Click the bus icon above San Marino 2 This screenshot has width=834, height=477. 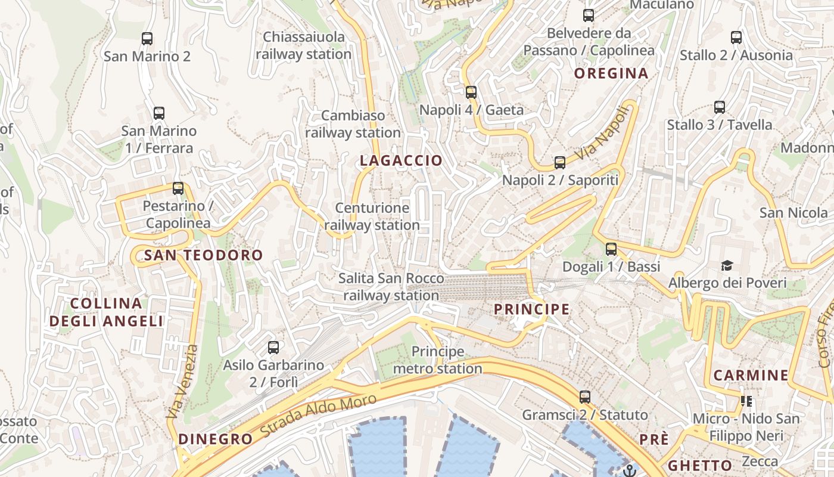[x=147, y=39]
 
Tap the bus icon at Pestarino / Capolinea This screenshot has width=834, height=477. [x=178, y=188]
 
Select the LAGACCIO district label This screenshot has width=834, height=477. [x=401, y=160]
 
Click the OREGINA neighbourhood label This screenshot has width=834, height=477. [x=611, y=73]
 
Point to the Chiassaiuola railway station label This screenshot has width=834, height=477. [x=304, y=45]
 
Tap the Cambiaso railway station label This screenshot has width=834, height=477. [x=353, y=124]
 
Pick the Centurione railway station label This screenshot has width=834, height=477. [x=372, y=216]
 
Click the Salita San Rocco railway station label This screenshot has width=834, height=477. [x=391, y=287]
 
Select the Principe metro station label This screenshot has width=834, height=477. [x=437, y=360]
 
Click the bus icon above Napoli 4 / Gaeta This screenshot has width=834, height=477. [x=471, y=92]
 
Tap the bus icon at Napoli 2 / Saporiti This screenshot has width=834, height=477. [x=560, y=163]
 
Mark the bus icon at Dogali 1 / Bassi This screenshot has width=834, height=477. [x=611, y=249]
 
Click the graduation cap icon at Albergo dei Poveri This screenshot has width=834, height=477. [x=727, y=265]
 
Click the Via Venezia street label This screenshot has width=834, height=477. [x=182, y=382]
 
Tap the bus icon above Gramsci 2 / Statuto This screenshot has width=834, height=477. [x=585, y=397]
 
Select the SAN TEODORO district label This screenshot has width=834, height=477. [x=203, y=256]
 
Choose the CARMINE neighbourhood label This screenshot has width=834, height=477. [x=751, y=376]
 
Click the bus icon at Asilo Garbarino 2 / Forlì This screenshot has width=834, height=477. [x=273, y=348]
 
